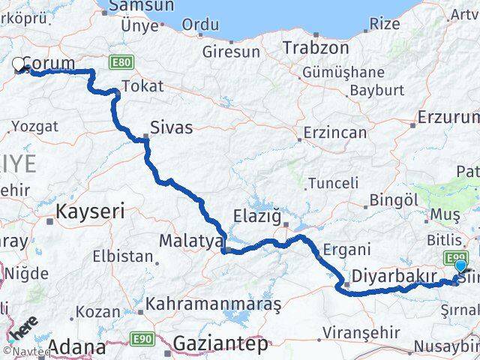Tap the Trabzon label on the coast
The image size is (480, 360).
[316, 47]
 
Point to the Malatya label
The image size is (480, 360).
[191, 241]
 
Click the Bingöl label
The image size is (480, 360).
[395, 201]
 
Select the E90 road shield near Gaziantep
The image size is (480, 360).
[145, 339]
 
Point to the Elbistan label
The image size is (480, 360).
[122, 256]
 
